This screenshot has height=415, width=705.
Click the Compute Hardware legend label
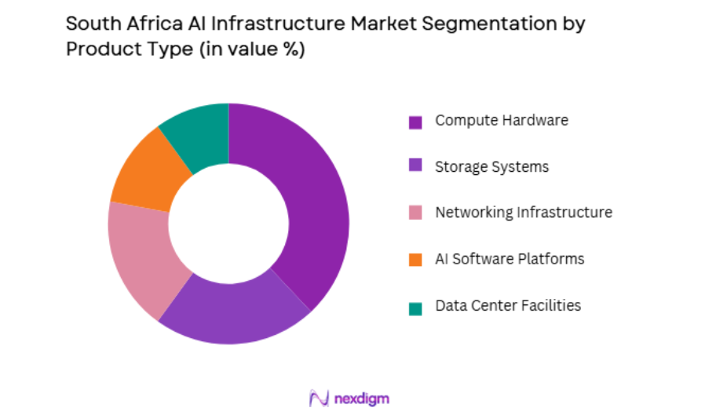click(x=502, y=121)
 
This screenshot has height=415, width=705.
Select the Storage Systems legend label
click(x=492, y=166)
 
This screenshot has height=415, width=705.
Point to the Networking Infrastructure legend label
click(x=524, y=213)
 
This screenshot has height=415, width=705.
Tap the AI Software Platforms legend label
click(x=510, y=259)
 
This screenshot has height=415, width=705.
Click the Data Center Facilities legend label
click(x=508, y=305)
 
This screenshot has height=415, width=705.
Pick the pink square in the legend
click(x=415, y=213)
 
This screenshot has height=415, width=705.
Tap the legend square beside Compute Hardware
click(x=415, y=122)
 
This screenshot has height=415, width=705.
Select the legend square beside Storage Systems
click(x=415, y=167)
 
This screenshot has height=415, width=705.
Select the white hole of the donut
click(x=228, y=224)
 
